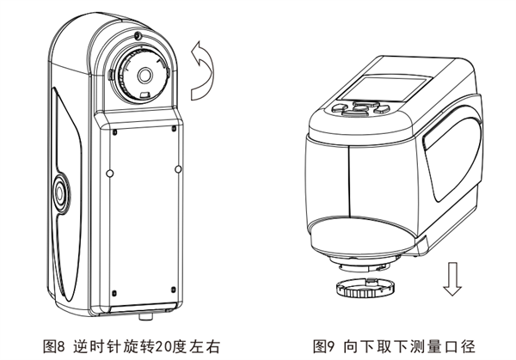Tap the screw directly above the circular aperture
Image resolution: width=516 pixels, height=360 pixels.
[138, 37]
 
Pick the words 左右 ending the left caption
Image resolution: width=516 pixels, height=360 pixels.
[206, 346]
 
